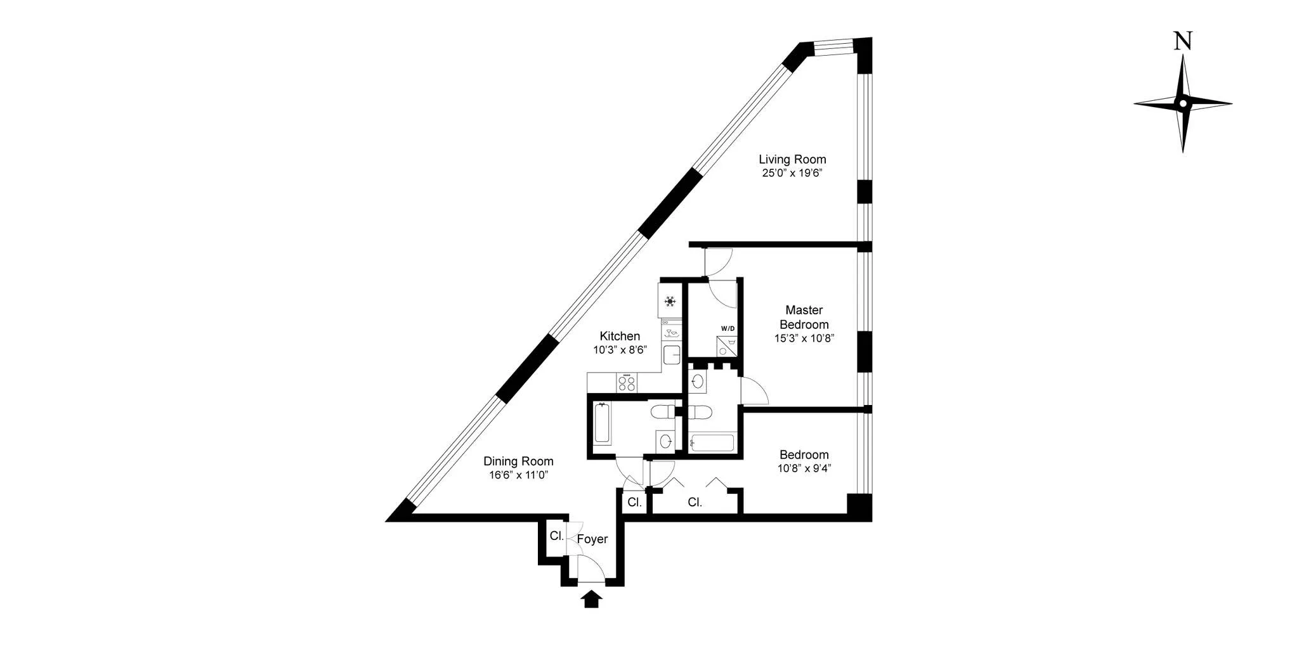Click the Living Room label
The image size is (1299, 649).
[792, 159]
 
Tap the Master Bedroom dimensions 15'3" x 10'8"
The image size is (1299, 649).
[804, 338]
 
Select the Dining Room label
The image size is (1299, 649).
[518, 461]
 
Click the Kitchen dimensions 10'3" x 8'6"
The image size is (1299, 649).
[620, 350]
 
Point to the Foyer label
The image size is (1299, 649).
[592, 539]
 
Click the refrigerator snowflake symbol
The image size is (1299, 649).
[670, 301]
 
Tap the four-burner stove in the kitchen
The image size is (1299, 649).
[627, 383]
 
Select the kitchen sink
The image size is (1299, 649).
[671, 355]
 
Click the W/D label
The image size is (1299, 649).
[728, 328]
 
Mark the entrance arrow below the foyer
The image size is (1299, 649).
[591, 600]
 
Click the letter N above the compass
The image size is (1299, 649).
[1182, 41]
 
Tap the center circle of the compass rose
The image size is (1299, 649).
[1183, 103]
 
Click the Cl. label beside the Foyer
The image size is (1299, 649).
[556, 536]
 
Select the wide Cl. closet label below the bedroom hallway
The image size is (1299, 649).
[695, 503]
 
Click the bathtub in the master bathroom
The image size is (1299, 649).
[712, 442]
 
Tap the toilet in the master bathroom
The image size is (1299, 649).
[700, 412]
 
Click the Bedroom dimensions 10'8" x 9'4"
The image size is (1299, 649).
[804, 469]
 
